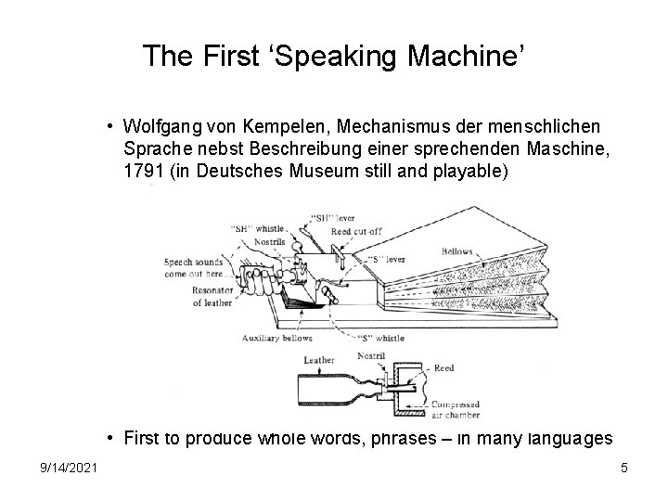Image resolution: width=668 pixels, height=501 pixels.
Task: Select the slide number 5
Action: [624, 469]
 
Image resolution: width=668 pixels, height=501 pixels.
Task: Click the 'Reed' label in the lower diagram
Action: [443, 368]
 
